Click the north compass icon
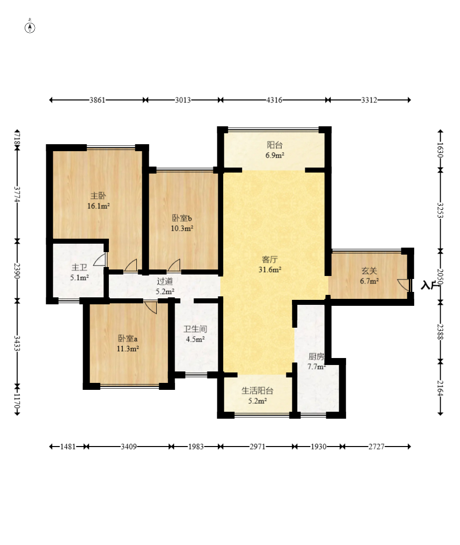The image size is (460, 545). click(x=30, y=27)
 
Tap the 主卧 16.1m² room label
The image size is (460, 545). click(x=98, y=201)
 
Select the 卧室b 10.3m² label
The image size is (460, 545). click(x=182, y=223)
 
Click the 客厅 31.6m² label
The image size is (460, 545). click(x=270, y=265)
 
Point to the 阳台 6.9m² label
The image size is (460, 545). click(x=275, y=150)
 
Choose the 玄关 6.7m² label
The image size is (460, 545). click(x=369, y=276)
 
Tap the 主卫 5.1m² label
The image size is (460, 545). click(x=79, y=272)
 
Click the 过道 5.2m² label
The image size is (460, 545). click(x=165, y=286)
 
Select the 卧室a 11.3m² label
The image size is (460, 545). click(x=128, y=344)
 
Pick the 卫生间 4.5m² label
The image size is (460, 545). click(x=195, y=334)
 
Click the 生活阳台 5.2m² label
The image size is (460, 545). click(x=257, y=396)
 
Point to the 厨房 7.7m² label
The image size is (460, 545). click(x=316, y=362)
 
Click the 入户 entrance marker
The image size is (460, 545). click(x=430, y=285)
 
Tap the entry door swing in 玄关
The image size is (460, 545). click(x=404, y=285)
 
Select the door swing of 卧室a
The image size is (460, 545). click(x=151, y=307)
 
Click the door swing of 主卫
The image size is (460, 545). click(x=100, y=259)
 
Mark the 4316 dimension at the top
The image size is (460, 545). click(x=275, y=100)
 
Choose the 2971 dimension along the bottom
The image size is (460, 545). click(x=258, y=447)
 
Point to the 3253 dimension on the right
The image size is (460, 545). click(x=440, y=210)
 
